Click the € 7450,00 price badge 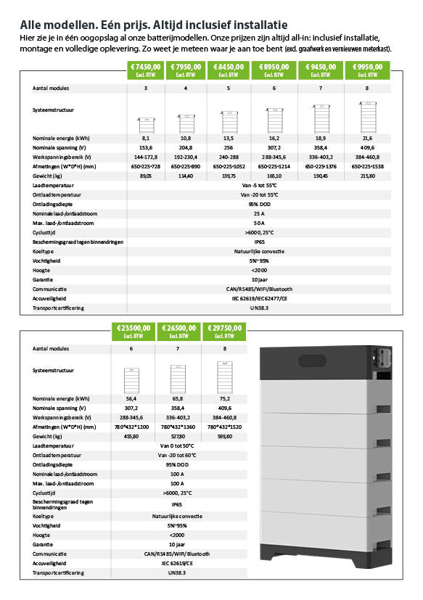(146, 70)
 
